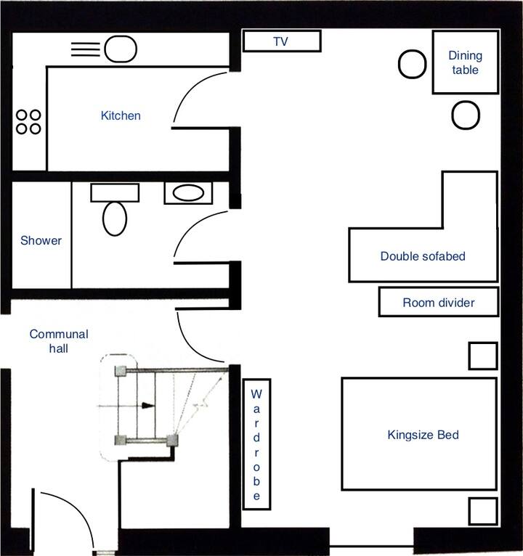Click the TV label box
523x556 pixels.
282,41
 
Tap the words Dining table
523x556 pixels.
465,62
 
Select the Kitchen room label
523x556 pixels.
121,115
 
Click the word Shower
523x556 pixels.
41,240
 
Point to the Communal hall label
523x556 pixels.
59,341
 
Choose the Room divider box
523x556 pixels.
439,302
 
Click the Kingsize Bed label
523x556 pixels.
423,435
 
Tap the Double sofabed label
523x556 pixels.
423,256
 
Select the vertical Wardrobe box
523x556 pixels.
257,444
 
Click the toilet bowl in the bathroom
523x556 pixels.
115,218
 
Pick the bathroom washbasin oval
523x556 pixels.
188,193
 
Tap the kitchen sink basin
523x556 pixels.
121,49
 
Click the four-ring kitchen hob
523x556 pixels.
28,122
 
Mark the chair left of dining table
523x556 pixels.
413,64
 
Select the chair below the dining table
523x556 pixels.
466,115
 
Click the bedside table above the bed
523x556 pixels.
483,356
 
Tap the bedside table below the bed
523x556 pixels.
483,511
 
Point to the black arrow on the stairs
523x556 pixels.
148,405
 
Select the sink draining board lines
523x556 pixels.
86,49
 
